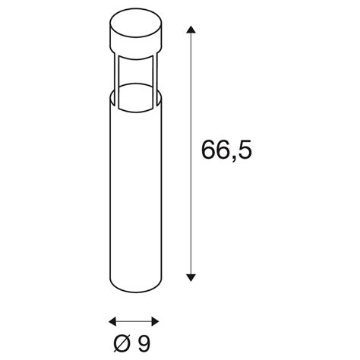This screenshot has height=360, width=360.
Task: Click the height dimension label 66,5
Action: [x=226, y=150]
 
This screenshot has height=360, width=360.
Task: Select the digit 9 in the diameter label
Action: [x=144, y=343]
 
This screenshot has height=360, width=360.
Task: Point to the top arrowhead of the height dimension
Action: [x=191, y=29]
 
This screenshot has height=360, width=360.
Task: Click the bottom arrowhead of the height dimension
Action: [x=191, y=277]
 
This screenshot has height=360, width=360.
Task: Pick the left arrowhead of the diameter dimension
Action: [x=112, y=322]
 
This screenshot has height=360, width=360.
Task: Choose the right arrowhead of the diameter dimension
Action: [x=155, y=322]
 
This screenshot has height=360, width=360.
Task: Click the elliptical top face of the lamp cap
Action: [x=136, y=24]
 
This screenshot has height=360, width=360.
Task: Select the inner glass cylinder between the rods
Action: [x=136, y=84]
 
